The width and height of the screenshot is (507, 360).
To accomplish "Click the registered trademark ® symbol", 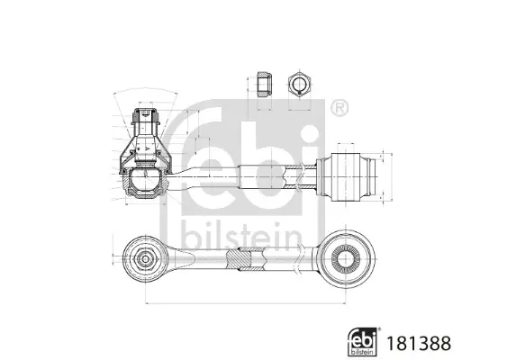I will click(x=339, y=108).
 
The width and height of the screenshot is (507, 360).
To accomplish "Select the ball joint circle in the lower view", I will click(x=144, y=258).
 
